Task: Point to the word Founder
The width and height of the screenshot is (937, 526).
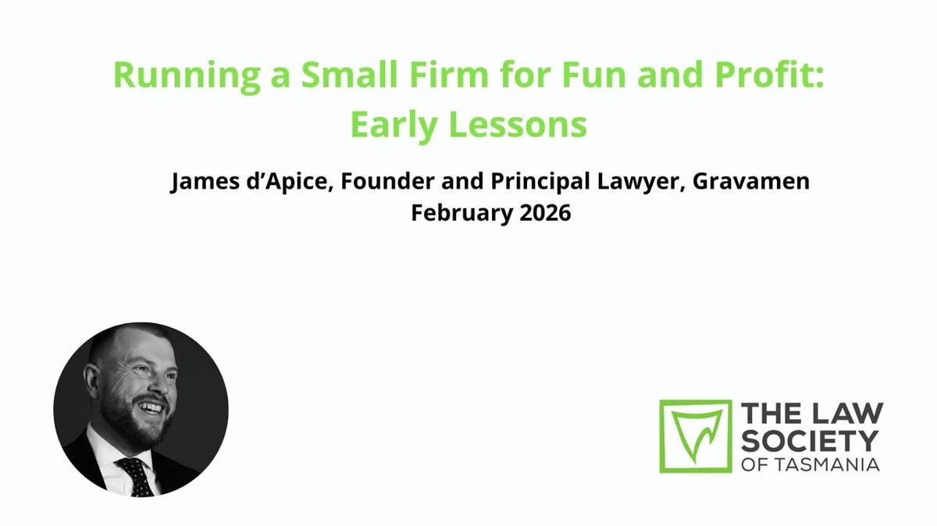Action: click(379, 183)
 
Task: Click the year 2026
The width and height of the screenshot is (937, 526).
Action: click(545, 213)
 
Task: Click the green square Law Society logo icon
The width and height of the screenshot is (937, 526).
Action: click(696, 436)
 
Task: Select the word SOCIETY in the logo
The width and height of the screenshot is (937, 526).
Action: click(811, 439)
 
